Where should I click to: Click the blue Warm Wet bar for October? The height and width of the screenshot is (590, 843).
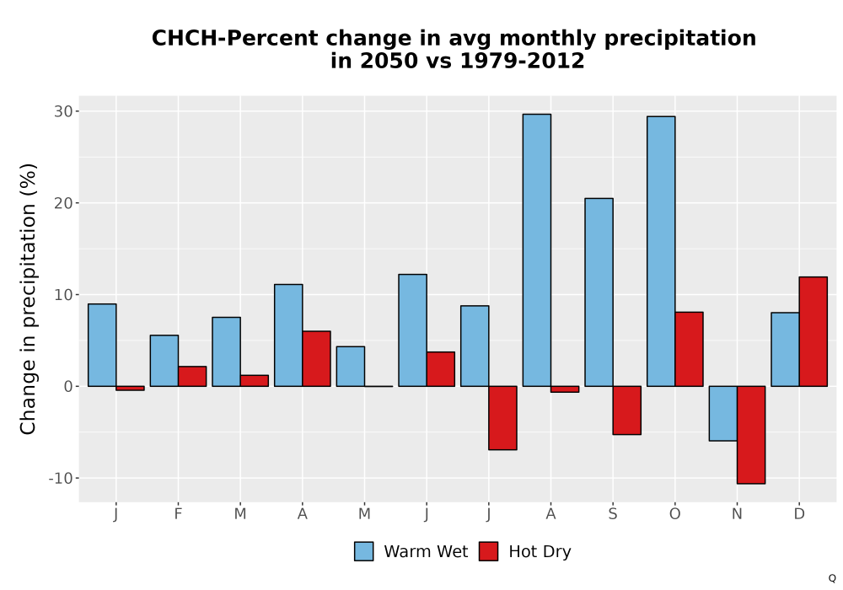[661, 251]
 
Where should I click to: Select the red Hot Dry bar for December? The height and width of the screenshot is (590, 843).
[813, 331]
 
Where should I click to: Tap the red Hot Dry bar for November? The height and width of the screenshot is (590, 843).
[751, 435]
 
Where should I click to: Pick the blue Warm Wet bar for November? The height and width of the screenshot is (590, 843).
[723, 413]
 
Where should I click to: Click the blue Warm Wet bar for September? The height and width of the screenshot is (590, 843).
[599, 292]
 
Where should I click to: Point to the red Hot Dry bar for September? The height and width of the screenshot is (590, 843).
[627, 410]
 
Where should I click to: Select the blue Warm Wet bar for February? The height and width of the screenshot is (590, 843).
[164, 361]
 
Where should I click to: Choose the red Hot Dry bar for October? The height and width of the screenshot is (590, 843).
[689, 349]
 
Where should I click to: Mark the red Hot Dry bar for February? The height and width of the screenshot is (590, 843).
[192, 376]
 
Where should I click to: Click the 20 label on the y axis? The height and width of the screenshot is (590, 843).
[63, 203]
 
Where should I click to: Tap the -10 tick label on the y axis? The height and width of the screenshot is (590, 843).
[61, 478]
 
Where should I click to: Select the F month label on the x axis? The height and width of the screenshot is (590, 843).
[178, 514]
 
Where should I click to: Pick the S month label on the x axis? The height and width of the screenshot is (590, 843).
[612, 514]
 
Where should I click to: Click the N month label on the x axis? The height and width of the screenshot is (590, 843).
[737, 514]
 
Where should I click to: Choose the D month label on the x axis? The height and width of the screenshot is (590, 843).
[799, 514]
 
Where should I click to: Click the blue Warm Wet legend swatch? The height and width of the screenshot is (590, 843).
[363, 551]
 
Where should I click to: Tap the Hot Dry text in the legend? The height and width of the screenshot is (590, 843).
[540, 552]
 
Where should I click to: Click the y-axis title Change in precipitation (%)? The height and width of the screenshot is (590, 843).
[28, 298]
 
